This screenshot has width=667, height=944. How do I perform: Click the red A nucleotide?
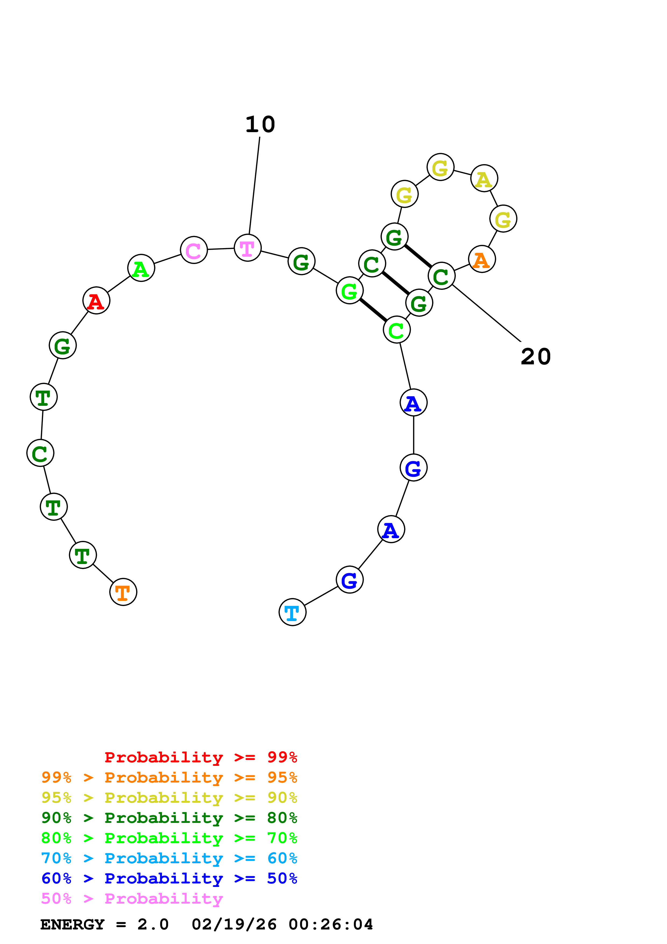pyautogui.click(x=96, y=301)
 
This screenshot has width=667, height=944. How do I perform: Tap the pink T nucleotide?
pyautogui.click(x=248, y=248)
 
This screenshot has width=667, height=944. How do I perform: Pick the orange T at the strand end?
pyautogui.click(x=123, y=592)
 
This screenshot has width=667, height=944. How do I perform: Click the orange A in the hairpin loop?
pyautogui.click(x=482, y=259)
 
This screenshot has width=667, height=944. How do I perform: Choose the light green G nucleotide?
pyautogui.click(x=349, y=291)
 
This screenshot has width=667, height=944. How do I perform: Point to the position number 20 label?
pyautogui.click(x=535, y=357)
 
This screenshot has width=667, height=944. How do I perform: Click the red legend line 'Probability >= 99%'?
pyautogui.click(x=200, y=757)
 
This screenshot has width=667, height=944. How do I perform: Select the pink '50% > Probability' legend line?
pyautogui.click(x=132, y=899)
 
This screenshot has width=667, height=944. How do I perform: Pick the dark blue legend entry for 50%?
pyautogui.click(x=169, y=879)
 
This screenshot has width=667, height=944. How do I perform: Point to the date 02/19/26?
pyautogui.click(x=234, y=925)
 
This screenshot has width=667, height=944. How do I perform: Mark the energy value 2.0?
pyautogui.click(x=153, y=925)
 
